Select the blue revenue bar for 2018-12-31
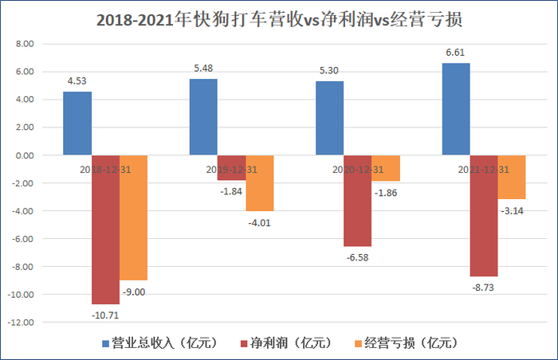pos(77,123)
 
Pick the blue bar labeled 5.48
pos(203,117)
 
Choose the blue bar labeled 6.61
pos(455,109)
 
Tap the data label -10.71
pos(105,315)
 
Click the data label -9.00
pos(133,292)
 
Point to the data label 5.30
pos(329,71)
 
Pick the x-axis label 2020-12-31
pos(356,170)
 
